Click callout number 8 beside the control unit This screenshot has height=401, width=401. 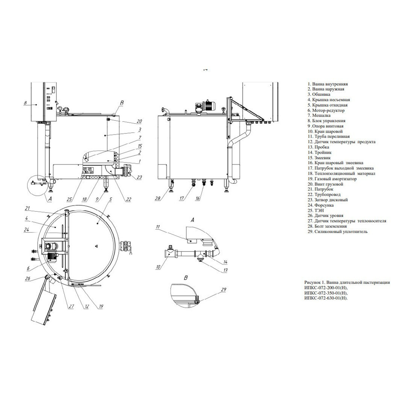[x=25, y=103]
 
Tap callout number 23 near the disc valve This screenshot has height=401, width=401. [x=139, y=177]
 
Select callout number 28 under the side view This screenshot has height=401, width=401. [x=158, y=198]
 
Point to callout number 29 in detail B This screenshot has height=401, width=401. [x=224, y=289]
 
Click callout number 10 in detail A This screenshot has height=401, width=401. [x=158, y=267]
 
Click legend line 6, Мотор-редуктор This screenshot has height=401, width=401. [x=326, y=110]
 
